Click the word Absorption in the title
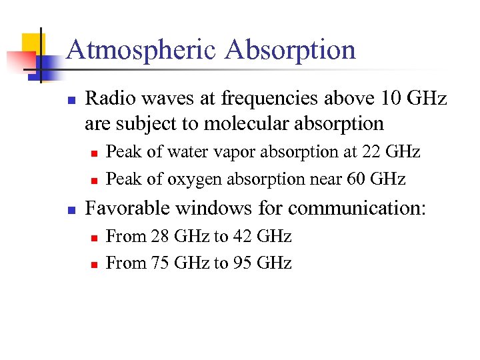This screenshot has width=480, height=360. (291, 51)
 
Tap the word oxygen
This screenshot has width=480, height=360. (190, 179)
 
